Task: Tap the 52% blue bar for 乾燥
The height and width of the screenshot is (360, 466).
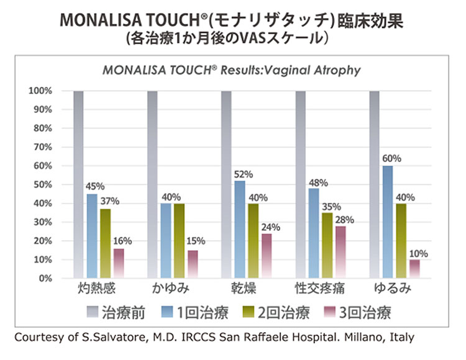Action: click(x=239, y=229)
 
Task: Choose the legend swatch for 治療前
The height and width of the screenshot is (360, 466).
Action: click(x=94, y=312)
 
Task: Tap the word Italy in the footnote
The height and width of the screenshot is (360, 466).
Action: click(x=400, y=338)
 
